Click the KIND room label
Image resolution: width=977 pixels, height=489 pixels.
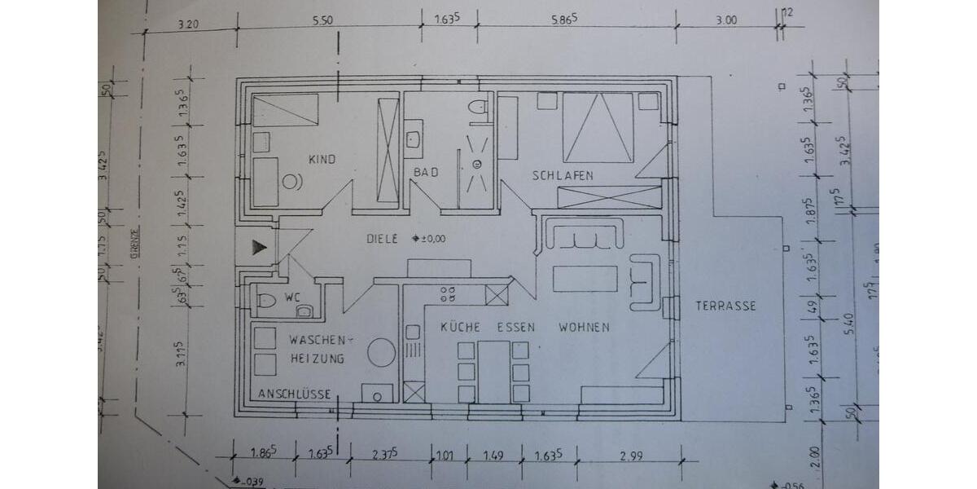(322, 160)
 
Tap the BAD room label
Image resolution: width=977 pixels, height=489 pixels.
(425, 173)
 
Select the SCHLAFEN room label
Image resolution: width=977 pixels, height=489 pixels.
(563, 175)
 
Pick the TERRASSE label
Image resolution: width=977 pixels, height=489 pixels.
(725, 306)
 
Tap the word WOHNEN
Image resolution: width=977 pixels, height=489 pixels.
(584, 327)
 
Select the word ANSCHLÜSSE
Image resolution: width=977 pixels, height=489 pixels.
(294, 394)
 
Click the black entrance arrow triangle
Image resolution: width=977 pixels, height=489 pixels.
(258, 247)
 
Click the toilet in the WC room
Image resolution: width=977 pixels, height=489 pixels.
(267, 301)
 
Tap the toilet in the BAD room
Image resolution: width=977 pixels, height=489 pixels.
(478, 106)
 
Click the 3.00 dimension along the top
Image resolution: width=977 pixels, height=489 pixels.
(725, 20)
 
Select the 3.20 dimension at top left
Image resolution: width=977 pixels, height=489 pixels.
(189, 24)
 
